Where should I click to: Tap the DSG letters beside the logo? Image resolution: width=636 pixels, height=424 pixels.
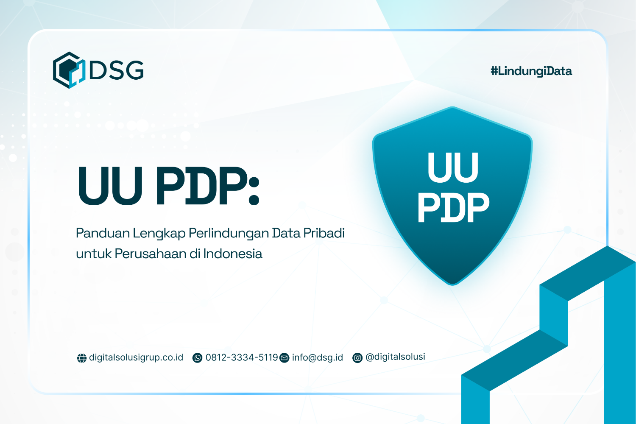click(117, 70)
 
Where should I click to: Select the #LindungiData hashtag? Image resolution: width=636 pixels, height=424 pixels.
click(531, 71)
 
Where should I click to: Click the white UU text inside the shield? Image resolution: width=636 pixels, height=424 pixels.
click(453, 168)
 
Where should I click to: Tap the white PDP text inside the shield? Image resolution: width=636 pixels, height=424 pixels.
click(453, 208)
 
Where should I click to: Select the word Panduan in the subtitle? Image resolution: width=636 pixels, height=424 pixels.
click(103, 233)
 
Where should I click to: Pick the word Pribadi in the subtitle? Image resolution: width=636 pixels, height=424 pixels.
click(324, 233)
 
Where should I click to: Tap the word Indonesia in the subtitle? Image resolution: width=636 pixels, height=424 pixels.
click(233, 254)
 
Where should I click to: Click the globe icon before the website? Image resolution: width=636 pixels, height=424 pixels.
click(81, 358)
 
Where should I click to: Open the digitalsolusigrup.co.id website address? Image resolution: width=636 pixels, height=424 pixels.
click(136, 357)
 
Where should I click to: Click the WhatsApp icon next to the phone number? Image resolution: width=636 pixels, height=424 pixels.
click(197, 358)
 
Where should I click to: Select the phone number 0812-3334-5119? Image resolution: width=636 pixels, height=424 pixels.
click(242, 357)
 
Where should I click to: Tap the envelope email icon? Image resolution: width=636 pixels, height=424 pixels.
click(284, 358)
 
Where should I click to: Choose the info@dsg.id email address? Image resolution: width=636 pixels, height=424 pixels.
click(318, 357)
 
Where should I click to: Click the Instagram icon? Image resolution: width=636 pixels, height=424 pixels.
click(357, 358)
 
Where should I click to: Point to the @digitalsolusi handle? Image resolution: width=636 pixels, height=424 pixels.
click(395, 357)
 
